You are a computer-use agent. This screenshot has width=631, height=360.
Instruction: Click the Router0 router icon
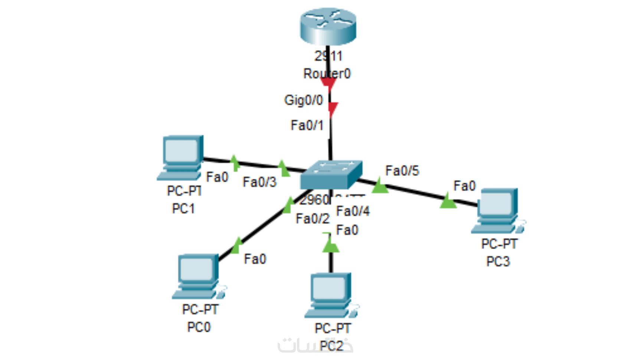pyautogui.click(x=328, y=27)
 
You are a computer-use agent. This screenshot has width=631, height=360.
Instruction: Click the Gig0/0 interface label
pyautogui.click(x=304, y=100)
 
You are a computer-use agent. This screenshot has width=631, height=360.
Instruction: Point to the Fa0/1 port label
pyautogui.click(x=307, y=125)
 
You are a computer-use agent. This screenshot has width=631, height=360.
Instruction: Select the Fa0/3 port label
pyautogui.click(x=259, y=182)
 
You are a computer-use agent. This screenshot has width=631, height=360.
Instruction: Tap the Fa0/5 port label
pyautogui.click(x=402, y=171)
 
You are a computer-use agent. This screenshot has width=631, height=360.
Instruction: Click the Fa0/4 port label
pyautogui.click(x=353, y=211)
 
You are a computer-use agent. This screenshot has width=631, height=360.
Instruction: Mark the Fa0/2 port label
pyautogui.click(x=312, y=219)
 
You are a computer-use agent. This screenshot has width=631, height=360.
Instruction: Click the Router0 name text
pyautogui.click(x=327, y=74)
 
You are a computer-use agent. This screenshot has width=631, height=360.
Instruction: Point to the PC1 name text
pyautogui.click(x=183, y=209)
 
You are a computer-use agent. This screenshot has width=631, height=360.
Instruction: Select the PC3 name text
pyautogui.click(x=498, y=262)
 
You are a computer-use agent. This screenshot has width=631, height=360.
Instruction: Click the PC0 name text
pyautogui.click(x=199, y=327)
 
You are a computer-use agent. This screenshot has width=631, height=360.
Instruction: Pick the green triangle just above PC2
pyautogui.click(x=330, y=246)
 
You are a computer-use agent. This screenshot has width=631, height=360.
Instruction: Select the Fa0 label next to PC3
pyautogui.click(x=464, y=186)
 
